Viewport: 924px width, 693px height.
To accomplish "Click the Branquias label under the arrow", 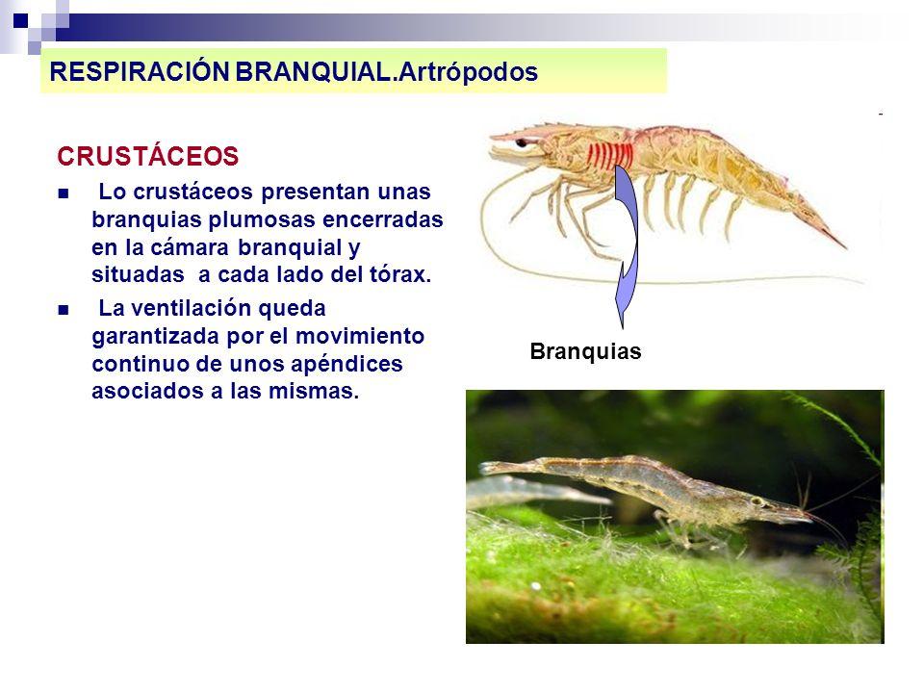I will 585,352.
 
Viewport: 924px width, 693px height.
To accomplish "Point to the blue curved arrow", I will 627,241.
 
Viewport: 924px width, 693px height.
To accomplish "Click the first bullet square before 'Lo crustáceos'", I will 64,193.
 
